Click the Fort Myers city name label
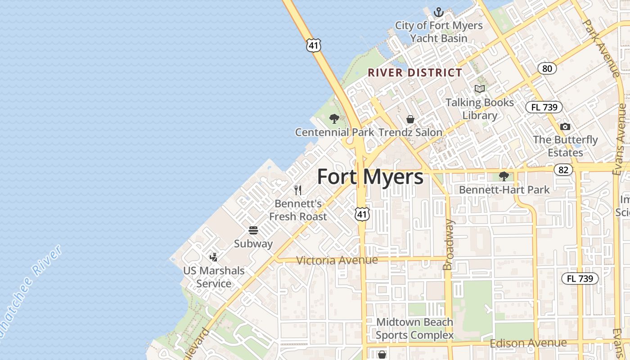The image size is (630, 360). coord(370,177)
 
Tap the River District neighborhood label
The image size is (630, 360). coord(415,72)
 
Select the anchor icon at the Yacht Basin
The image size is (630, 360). coord(438,12)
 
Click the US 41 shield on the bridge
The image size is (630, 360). coord(314,45)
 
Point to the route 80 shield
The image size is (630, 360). coord(547,68)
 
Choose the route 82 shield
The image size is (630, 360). coord(563,170)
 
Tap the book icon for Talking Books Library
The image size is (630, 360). coord(480,89)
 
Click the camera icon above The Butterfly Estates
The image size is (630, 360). coord(565,126)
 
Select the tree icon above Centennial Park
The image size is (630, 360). coord(334,119)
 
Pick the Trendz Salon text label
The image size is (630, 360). coord(410,132)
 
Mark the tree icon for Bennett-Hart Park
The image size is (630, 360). coord(504,176)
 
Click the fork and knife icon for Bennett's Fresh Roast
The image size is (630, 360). coord(297,190)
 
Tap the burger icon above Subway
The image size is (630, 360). coord(253,230)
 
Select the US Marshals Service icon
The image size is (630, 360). coord(214,257)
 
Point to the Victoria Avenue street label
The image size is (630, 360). coord(337,260)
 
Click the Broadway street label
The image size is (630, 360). coord(448,245)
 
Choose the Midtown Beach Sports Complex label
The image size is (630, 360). coord(414,328)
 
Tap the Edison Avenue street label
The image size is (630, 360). coord(528,343)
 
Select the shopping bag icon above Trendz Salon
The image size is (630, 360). coord(410,119)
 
